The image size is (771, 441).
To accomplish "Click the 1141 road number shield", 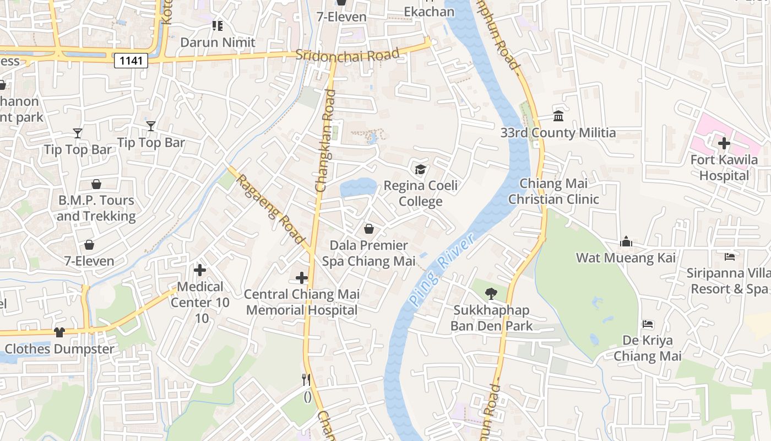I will pos(131,61).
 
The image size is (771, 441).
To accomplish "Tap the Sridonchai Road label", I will pos(347,55).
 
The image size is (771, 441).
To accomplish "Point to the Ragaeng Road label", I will pos(270,207).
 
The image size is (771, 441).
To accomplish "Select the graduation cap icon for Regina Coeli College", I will pos(421,169).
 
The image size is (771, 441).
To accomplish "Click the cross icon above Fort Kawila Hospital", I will pos(724,144).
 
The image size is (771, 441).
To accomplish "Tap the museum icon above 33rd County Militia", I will pos(558,116).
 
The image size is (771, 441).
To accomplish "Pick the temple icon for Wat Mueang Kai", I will pos(626,241).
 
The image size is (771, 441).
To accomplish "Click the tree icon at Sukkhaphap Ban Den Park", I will pos(491,294).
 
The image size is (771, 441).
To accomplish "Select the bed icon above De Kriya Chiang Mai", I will pos(648,324).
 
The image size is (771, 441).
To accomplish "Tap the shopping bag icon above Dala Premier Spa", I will pos(369,229).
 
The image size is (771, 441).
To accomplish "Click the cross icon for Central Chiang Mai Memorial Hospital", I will pos(301,278).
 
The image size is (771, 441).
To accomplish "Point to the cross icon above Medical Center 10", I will pos(200,270).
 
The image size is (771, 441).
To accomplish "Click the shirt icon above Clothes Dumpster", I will pos(59,332).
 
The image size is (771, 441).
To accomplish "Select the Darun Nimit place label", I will pos(218,42).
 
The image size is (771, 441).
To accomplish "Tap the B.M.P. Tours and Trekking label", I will pos(96,208).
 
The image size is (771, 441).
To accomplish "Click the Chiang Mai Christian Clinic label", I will pos(553,191).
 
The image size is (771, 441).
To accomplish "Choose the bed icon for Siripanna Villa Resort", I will pos(729,257).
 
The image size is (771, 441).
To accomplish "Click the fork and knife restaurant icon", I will pos(306,380).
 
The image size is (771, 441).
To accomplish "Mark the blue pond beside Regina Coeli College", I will pos(357,188).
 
